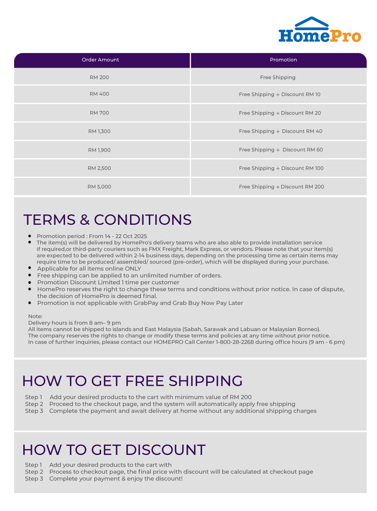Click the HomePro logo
pos(320,30)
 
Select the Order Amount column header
pos(100,60)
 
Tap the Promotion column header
pos(283,60)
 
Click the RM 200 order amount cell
pos(99,77)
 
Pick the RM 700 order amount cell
pos(99,113)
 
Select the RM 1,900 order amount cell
pos(99,150)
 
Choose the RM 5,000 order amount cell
pos(99,187)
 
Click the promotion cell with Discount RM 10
pos(280,94)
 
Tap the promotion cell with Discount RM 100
pos(281,168)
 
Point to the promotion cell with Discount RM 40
pos(280,131)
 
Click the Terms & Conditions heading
pos(107,220)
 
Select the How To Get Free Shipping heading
pos(132,381)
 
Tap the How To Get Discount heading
pos(114,450)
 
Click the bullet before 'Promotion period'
pos(30,236)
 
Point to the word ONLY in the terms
pos(133,269)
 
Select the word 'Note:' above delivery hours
pos(35,316)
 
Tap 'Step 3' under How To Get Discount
pos(34,479)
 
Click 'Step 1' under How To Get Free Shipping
pos(34,397)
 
